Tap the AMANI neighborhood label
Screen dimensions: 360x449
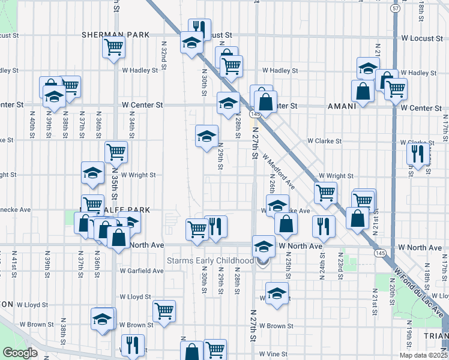coord(342,106)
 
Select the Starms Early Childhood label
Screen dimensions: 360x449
coord(210,260)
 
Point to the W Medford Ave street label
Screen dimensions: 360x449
coord(278,170)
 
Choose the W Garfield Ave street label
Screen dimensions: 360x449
coord(141,271)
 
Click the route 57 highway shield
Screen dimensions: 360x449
coord(394,9)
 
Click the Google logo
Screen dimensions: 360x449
coord(20,353)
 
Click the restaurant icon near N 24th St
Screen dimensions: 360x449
coord(322,226)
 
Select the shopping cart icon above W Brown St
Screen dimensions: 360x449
coord(164,310)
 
